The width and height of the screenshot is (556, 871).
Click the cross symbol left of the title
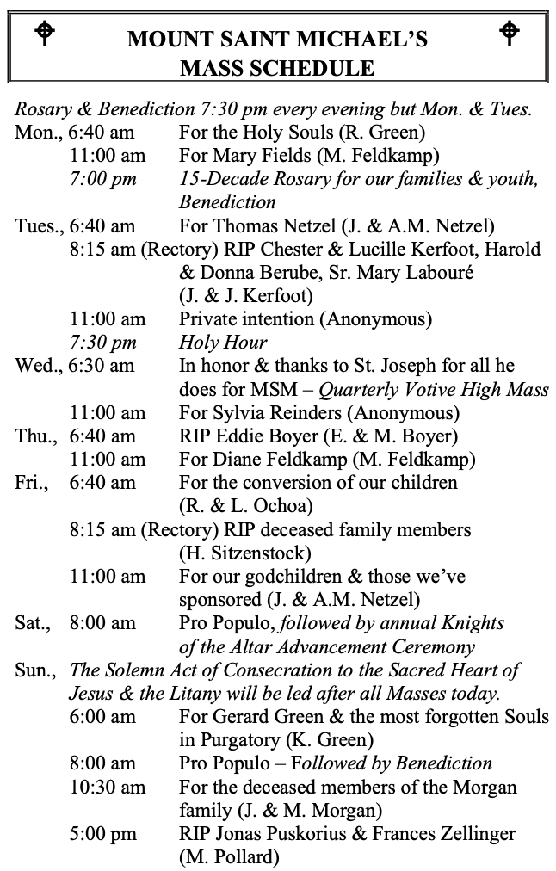click(x=45, y=34)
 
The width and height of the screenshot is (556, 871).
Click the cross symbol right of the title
click(x=510, y=34)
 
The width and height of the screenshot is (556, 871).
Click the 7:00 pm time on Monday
click(x=103, y=180)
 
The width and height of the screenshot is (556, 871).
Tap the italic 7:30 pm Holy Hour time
click(x=103, y=343)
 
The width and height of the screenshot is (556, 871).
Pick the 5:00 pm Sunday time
click(x=103, y=833)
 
